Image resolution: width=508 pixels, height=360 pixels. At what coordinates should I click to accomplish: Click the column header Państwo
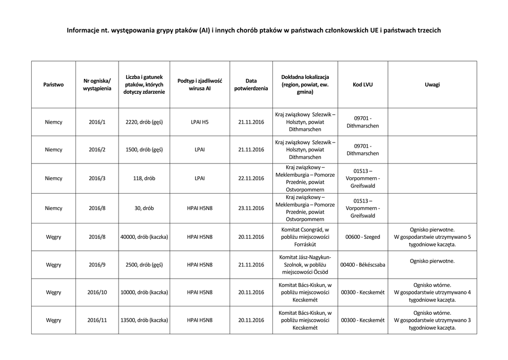[54, 84]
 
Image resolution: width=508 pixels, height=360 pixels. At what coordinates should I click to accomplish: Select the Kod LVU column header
[363, 84]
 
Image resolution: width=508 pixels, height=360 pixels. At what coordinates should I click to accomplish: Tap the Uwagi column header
[432, 84]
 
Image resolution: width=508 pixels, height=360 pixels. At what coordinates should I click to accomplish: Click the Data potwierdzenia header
[251, 84]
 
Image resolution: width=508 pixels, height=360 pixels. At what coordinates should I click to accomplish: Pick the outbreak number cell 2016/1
[97, 122]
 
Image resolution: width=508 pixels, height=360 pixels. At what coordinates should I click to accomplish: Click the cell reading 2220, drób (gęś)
[144, 122]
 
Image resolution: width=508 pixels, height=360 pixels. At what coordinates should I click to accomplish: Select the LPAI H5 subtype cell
[199, 122]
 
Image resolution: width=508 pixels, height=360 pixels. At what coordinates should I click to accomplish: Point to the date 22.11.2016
[251, 178]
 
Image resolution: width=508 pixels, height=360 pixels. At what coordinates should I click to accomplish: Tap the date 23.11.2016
[251, 209]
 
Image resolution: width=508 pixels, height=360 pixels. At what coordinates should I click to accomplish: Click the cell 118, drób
[144, 178]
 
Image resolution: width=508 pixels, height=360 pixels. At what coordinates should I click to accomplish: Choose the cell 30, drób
[144, 209]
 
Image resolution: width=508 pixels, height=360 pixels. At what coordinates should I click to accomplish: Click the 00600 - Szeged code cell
[363, 237]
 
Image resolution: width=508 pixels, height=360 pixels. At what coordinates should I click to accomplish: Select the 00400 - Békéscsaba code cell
[363, 265]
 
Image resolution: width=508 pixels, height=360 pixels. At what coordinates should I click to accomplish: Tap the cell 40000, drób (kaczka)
[144, 237]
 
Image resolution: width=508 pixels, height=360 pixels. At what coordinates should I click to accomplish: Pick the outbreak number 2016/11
[97, 320]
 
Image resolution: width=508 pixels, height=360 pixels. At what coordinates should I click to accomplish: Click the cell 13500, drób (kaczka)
[144, 320]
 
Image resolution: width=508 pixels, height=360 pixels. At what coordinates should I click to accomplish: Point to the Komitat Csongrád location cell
[305, 237]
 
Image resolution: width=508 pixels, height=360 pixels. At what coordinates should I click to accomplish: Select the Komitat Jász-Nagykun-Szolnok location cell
[305, 265]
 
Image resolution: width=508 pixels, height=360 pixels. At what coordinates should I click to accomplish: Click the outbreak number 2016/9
[97, 265]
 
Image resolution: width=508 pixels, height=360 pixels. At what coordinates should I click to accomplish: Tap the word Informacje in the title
[83, 31]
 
